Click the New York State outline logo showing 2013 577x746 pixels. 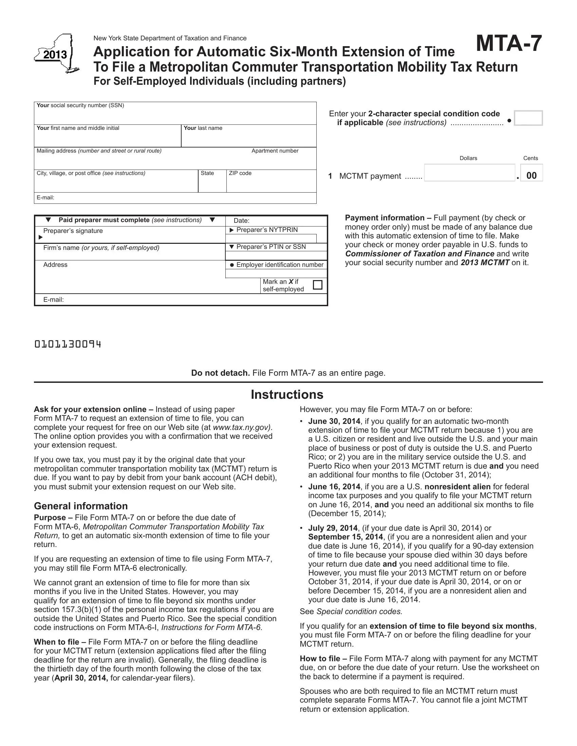(56, 54)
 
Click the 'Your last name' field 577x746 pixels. (248, 139)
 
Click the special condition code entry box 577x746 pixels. (528, 118)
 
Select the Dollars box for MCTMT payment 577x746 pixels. (469, 173)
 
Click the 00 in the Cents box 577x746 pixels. (532, 176)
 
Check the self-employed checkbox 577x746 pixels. (318, 284)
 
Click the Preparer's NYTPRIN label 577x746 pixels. (267, 230)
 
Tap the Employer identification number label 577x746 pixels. (279, 265)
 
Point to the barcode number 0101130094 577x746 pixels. (68, 344)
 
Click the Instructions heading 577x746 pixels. (287, 394)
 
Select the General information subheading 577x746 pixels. (81, 506)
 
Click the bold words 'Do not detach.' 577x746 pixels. (221, 373)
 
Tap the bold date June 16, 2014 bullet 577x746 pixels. (334, 487)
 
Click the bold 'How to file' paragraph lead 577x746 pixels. (320, 659)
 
